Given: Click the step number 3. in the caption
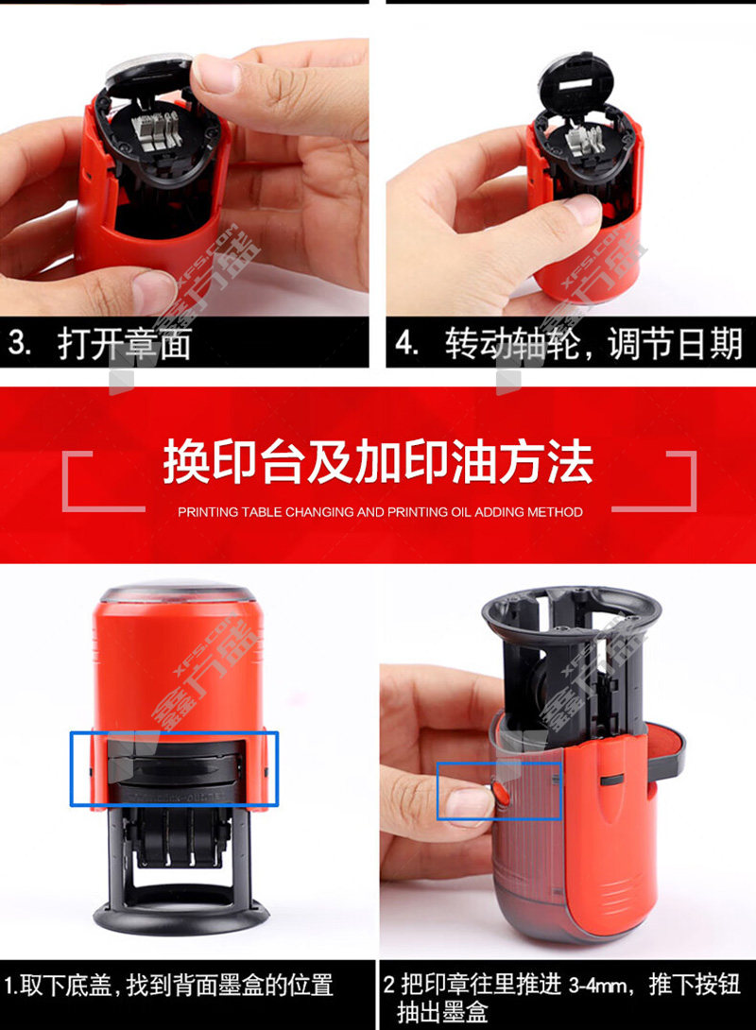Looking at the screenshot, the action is pyautogui.click(x=19, y=344).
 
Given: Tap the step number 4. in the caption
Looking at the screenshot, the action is pyautogui.click(x=406, y=344).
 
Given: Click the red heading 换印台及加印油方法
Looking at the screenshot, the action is pyautogui.click(x=378, y=462).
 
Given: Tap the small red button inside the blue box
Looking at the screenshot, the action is pyautogui.click(x=501, y=792).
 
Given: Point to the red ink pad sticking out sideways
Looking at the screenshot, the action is pyautogui.click(x=664, y=747).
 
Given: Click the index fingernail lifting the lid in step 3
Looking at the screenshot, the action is pyautogui.click(x=213, y=74).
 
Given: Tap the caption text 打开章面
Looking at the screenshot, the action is pyautogui.click(x=124, y=344).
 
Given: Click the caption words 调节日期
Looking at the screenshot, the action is pyautogui.click(x=675, y=344).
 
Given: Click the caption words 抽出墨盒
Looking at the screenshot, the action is pyautogui.click(x=441, y=1012).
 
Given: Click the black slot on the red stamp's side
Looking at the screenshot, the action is pyautogui.click(x=612, y=779).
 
